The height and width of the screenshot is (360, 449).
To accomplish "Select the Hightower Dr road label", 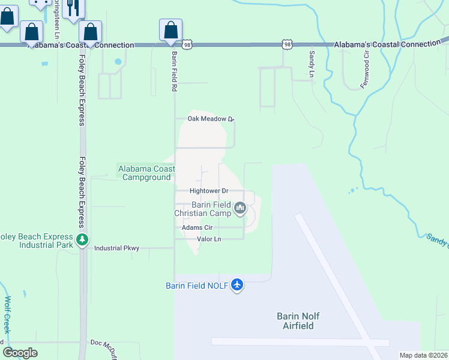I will click(x=209, y=191).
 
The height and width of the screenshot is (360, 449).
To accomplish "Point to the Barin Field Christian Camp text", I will click(x=203, y=209).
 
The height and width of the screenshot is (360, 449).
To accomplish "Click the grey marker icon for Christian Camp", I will click(x=240, y=208).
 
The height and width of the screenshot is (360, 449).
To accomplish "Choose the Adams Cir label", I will click(x=197, y=228).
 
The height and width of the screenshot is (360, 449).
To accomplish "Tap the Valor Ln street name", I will click(x=209, y=239).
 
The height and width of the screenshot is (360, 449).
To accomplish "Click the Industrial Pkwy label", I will click(x=116, y=248).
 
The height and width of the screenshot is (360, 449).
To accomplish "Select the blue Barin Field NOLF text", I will click(x=197, y=286).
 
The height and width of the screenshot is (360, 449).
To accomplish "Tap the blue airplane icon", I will click(x=237, y=284).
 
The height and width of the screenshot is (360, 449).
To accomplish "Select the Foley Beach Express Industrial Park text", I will click(x=37, y=241).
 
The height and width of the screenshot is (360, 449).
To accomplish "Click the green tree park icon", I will click(x=82, y=241).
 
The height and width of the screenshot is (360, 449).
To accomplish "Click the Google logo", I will click(x=20, y=353).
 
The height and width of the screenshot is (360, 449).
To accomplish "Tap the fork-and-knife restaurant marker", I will click(x=73, y=8).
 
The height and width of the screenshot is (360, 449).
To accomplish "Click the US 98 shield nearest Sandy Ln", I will click(x=287, y=44).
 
